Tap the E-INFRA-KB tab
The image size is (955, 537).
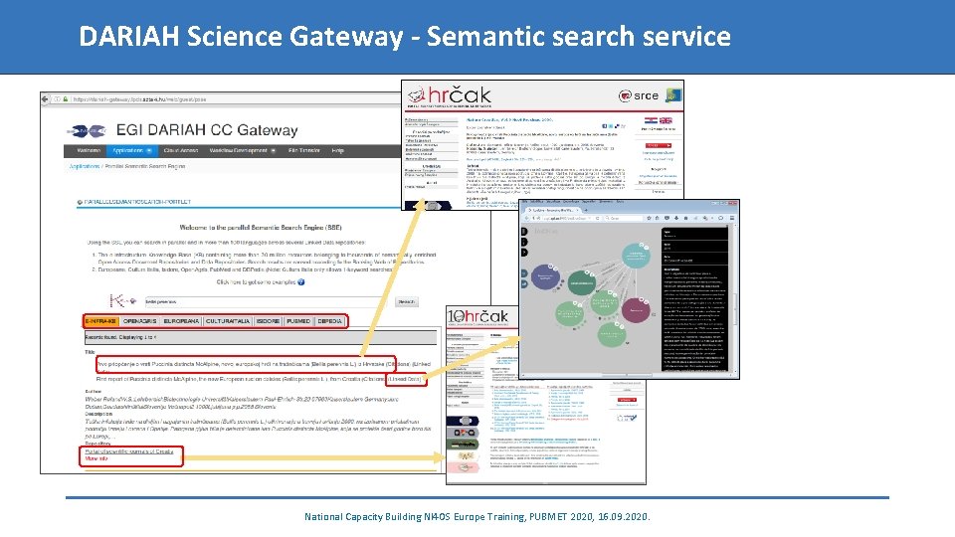click(x=102, y=321)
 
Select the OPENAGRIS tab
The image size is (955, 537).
click(x=140, y=321)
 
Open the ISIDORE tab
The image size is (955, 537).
click(x=268, y=321)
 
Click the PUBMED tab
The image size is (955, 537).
click(x=298, y=321)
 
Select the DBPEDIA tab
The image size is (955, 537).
click(x=329, y=321)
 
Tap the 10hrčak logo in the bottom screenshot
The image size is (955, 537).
click(x=478, y=317)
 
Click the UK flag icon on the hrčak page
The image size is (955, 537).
click(x=667, y=120)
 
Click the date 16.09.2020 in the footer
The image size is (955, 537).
click(x=625, y=517)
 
